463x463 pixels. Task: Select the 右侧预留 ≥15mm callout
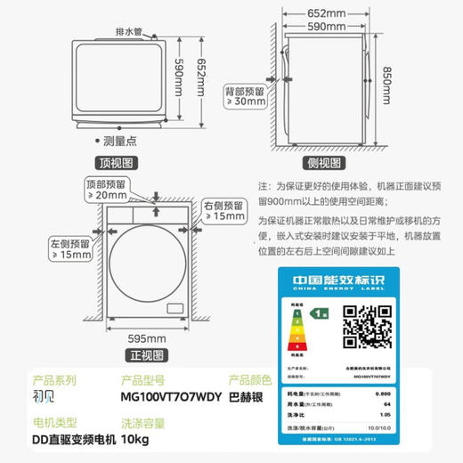point(222,210)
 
